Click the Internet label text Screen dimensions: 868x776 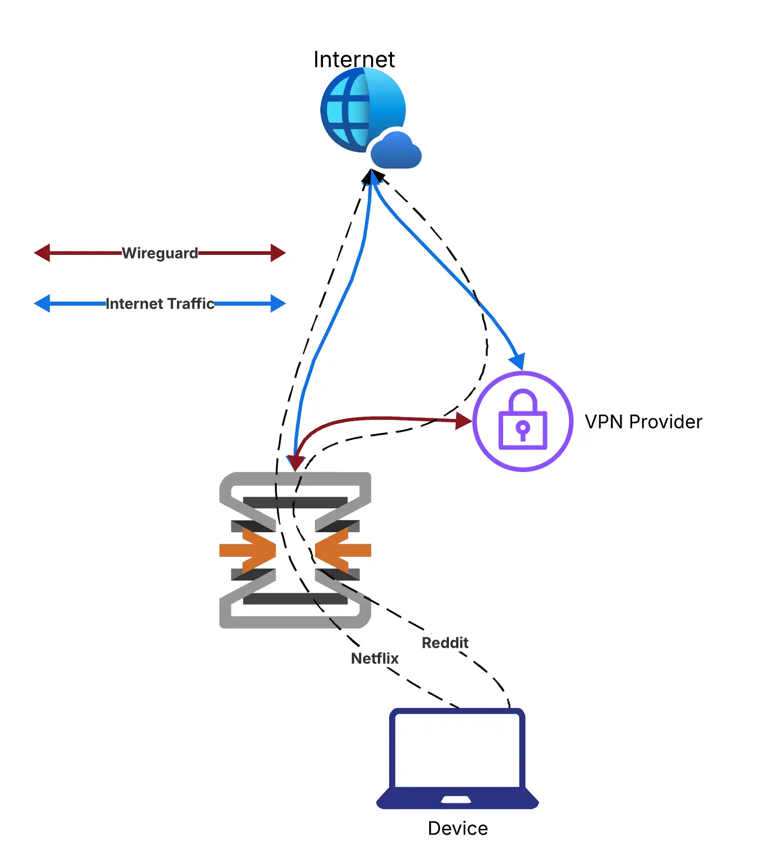pyautogui.click(x=354, y=59)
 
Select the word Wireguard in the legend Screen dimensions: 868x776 pyautogui.click(x=160, y=253)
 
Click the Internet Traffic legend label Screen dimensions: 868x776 pyautogui.click(x=160, y=304)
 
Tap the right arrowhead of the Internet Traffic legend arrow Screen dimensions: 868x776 pyautogui.click(x=278, y=304)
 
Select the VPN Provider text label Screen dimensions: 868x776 pyautogui.click(x=643, y=422)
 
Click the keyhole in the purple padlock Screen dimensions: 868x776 pyautogui.click(x=523, y=428)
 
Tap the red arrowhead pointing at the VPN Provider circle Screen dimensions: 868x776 pyautogui.click(x=463, y=421)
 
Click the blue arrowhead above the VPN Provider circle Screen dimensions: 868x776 pyautogui.click(x=517, y=361)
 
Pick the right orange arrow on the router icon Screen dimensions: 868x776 pyautogui.click(x=343, y=550)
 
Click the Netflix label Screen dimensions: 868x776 pyautogui.click(x=375, y=659)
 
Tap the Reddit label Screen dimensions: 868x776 pyautogui.click(x=445, y=643)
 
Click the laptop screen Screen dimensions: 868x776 pyautogui.click(x=457, y=750)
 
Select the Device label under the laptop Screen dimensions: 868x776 pyautogui.click(x=458, y=828)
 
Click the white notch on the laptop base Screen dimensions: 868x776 pyautogui.click(x=456, y=799)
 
